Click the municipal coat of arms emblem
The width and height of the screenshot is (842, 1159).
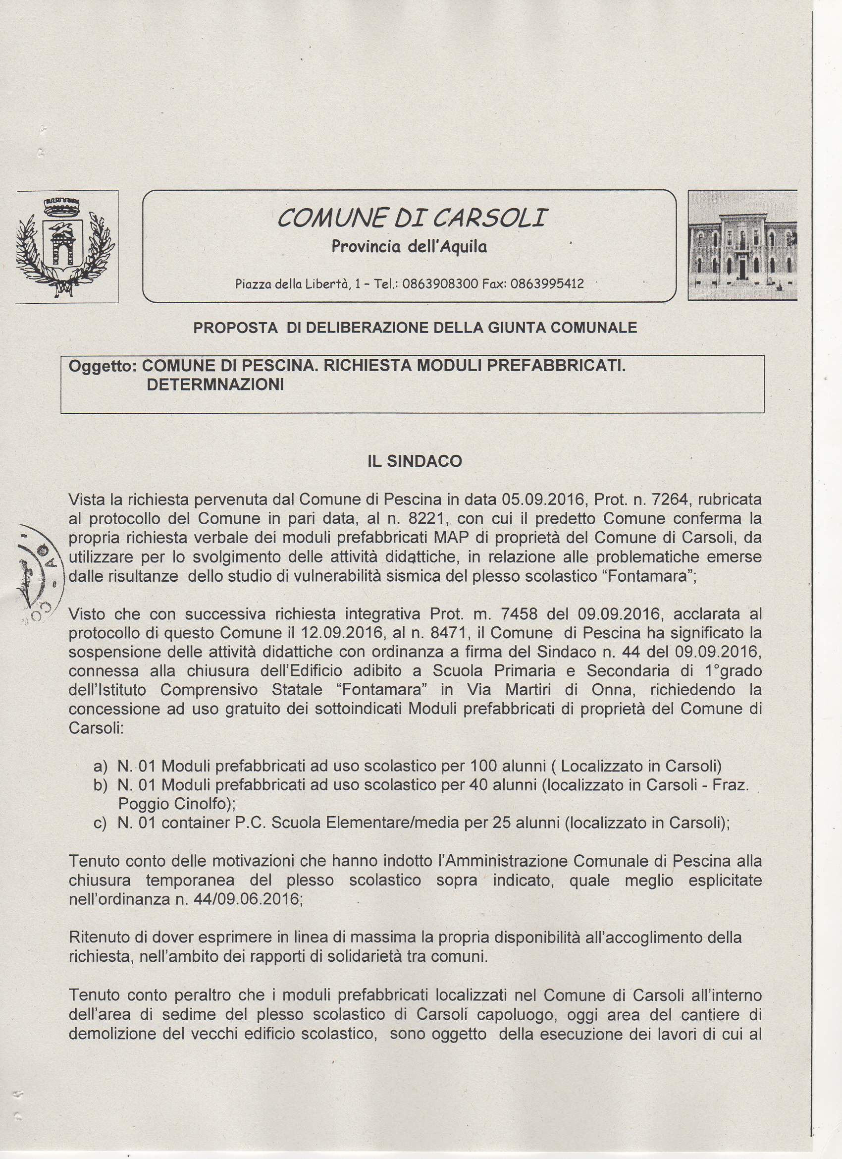click(66, 246)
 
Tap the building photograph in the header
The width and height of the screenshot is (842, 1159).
click(742, 245)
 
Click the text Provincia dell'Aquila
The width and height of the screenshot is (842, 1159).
click(409, 247)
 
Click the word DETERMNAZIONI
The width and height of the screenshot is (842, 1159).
click(215, 385)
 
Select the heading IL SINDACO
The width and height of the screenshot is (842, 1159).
click(415, 461)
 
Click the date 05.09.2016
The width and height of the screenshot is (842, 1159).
click(543, 499)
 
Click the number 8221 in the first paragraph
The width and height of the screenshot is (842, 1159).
click(428, 519)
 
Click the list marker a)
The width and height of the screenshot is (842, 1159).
click(101, 767)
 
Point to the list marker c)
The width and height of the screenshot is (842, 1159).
click(100, 823)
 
